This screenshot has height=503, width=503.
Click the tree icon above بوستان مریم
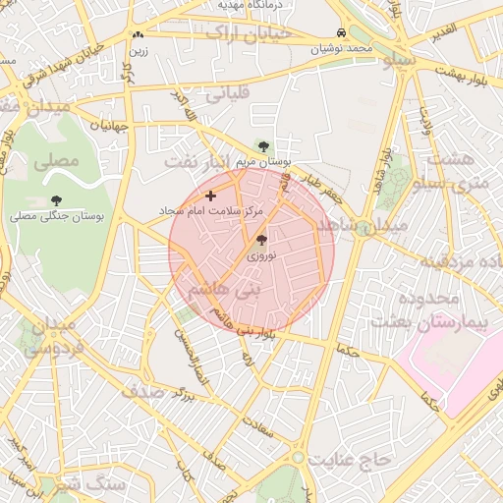262,146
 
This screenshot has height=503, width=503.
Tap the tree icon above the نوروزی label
261,239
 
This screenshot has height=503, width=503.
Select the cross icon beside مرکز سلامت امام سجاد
210,196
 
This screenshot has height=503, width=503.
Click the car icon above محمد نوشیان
340,31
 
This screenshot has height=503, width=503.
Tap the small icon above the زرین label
138,34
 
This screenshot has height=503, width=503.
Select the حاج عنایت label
341,460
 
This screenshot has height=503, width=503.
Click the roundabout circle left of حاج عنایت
297,458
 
